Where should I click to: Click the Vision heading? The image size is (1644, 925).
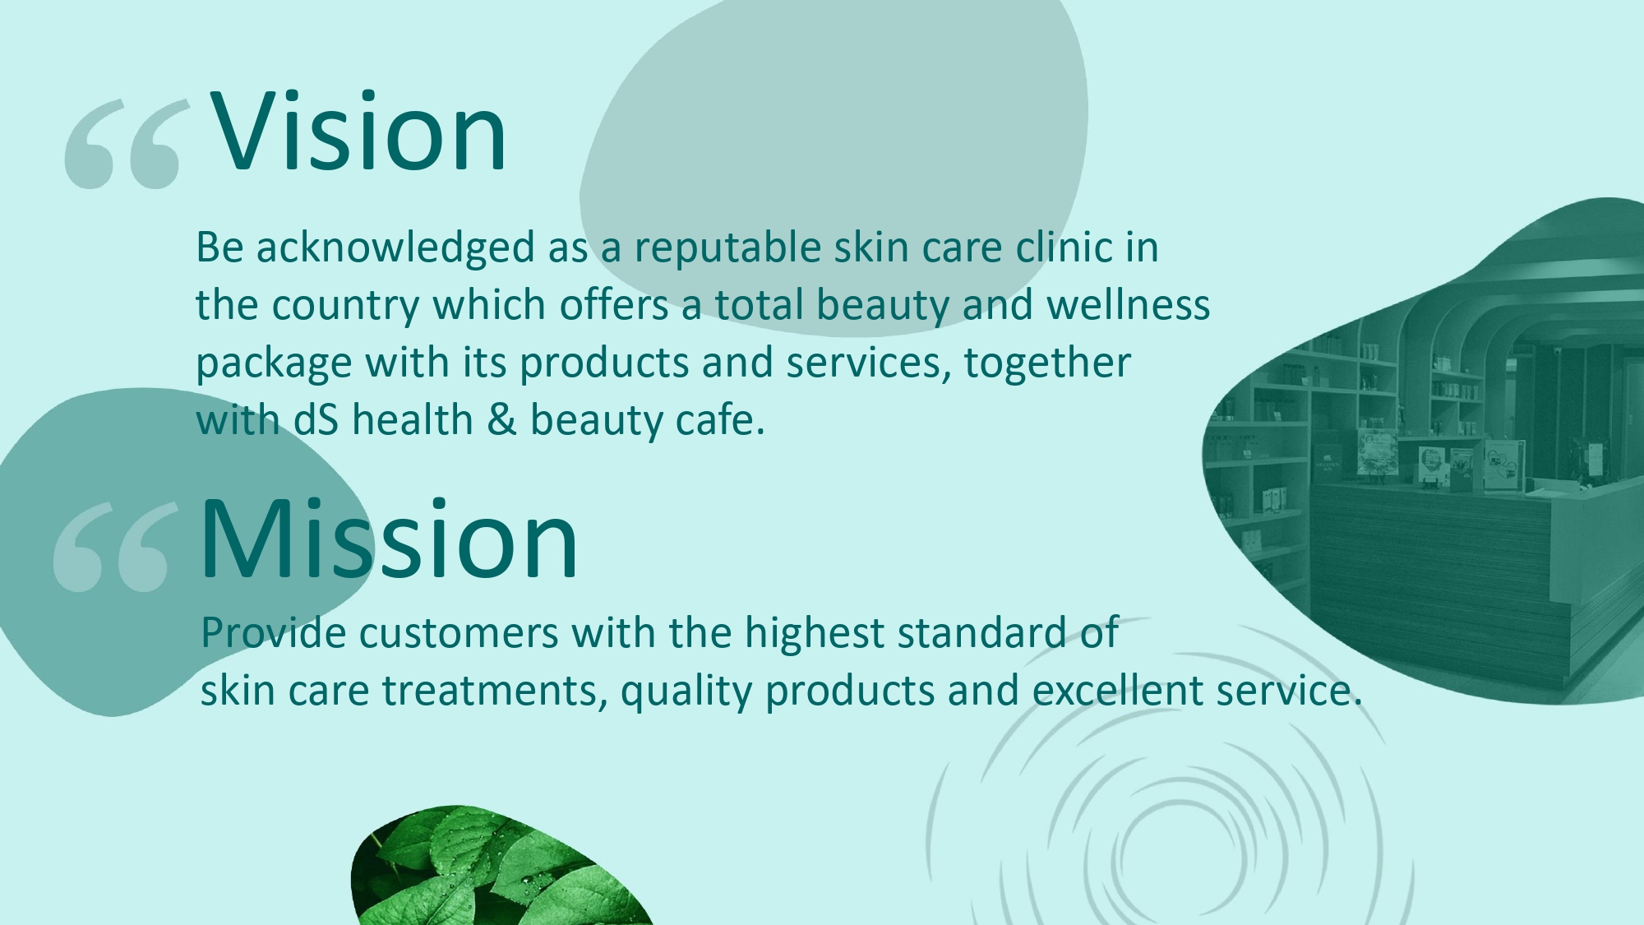[359, 132]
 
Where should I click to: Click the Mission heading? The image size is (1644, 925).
[389, 539]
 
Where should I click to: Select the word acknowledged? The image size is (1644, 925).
[396, 248]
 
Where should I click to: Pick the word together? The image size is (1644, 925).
[1047, 363]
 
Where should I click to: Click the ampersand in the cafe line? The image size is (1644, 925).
[501, 420]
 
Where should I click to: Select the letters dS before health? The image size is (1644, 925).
[316, 420]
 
